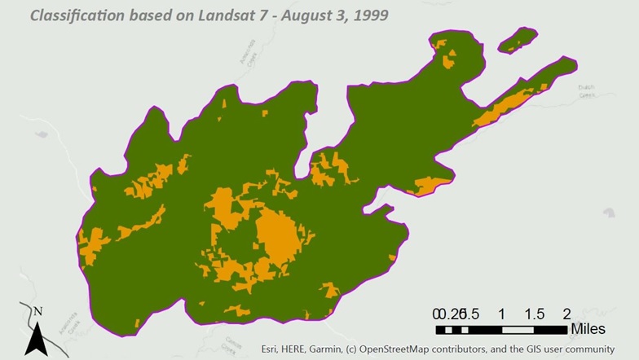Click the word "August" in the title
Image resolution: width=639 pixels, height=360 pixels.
coord(289,15)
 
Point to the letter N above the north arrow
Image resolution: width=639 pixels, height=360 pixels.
coord(38,311)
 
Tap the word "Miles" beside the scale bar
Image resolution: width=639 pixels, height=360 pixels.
coord(588,329)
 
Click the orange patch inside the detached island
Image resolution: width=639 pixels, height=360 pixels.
coord(513,42)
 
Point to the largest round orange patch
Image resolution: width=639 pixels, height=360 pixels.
coord(276,237)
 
